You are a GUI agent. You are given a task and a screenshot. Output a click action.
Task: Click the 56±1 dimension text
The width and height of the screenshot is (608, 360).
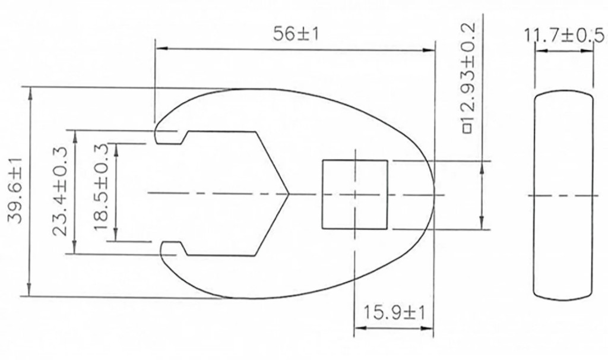click(x=296, y=34)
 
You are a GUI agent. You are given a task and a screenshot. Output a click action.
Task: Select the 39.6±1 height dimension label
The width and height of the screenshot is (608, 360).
click(x=16, y=191)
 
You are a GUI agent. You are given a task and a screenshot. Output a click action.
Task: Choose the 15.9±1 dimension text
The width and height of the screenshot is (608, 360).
click(x=394, y=312)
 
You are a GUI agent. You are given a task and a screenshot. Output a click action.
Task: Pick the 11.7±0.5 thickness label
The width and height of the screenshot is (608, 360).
click(x=564, y=36)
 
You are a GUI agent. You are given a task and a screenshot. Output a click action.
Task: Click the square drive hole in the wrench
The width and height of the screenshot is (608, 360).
click(x=355, y=194)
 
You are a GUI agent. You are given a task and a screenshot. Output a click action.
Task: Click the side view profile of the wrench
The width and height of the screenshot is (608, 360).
click(x=563, y=195)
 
